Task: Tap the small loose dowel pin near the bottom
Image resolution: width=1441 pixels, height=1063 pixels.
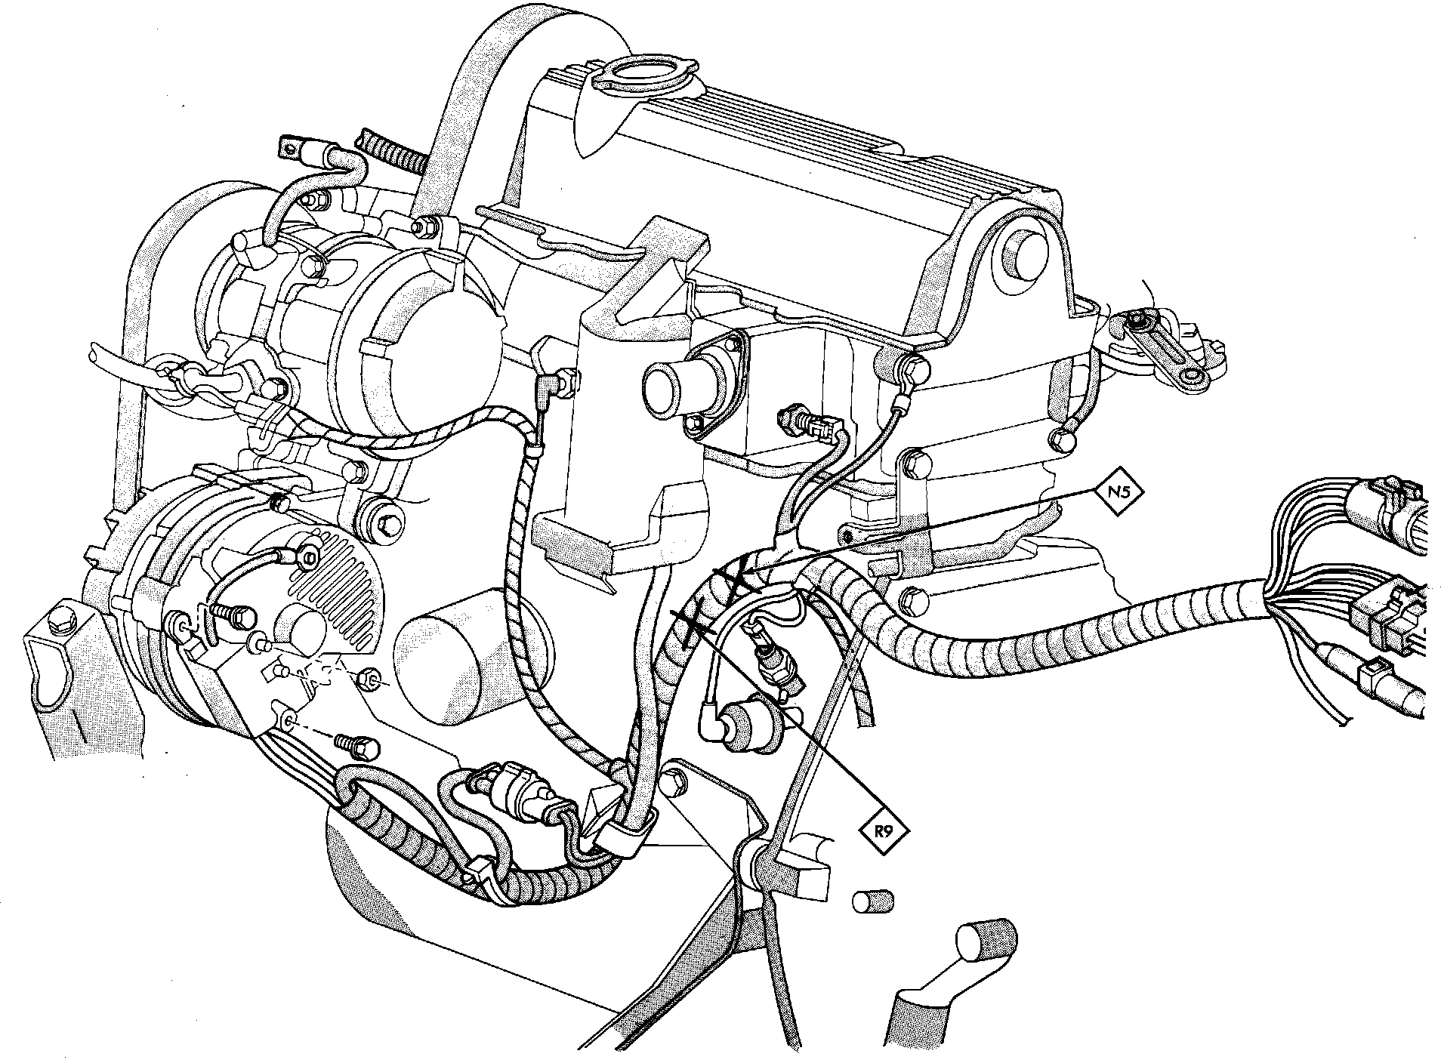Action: (872, 902)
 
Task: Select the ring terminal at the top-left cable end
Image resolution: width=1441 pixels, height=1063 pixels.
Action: (294, 147)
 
